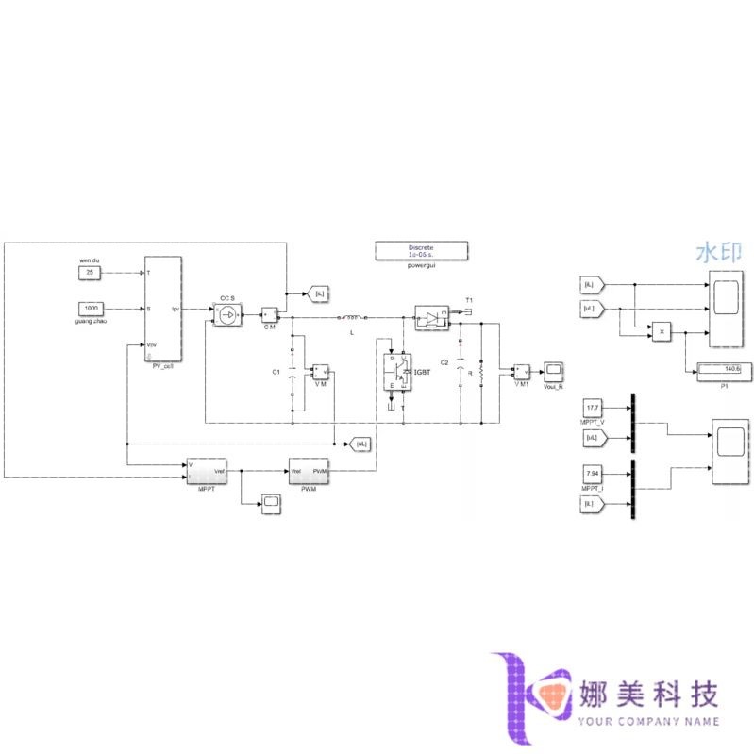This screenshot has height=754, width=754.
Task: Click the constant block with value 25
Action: coord(90,273)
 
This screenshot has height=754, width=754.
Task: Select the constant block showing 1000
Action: coord(91,308)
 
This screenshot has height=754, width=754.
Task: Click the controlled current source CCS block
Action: coord(226,314)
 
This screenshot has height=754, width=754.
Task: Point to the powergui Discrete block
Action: coord(422,250)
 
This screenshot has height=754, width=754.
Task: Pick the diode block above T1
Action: coord(432,318)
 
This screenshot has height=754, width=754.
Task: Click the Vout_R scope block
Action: coord(554,370)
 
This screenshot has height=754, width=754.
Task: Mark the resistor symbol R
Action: coord(481,373)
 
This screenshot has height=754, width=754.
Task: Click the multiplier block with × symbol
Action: coord(662,332)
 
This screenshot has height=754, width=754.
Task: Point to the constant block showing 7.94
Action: coord(593,475)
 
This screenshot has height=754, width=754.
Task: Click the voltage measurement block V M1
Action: coord(521,370)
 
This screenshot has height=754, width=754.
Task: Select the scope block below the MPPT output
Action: coord(271,503)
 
